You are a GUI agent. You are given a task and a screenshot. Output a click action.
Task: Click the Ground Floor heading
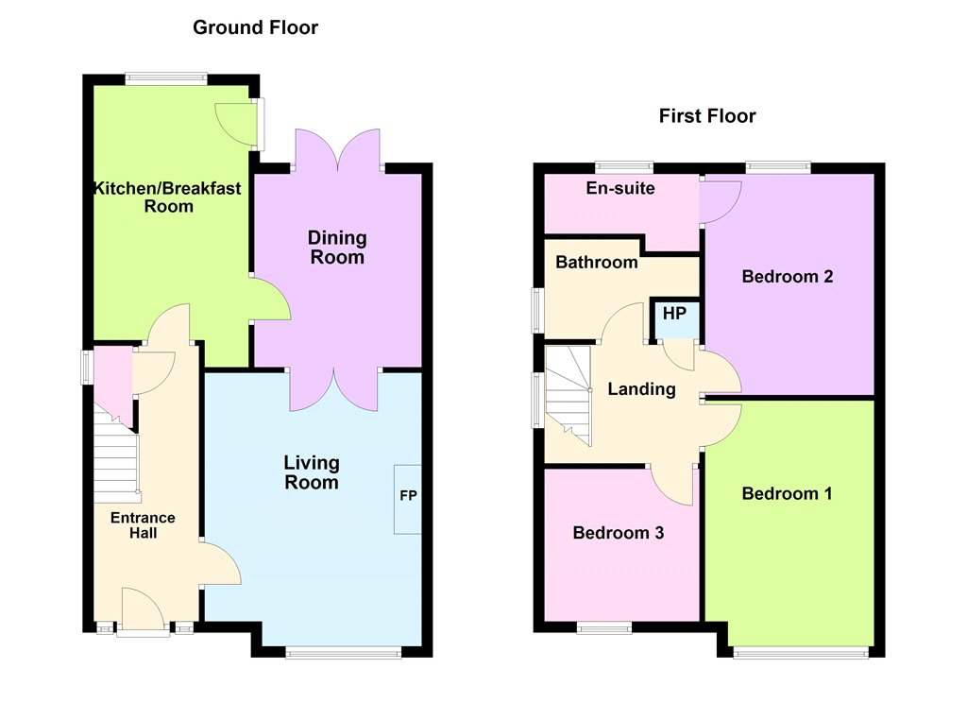coord(255,27)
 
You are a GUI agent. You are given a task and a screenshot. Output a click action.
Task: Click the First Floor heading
coord(707,116)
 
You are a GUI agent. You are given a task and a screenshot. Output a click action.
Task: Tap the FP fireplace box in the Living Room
coord(408,499)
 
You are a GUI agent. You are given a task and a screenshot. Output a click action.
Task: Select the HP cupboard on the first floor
coord(674,319)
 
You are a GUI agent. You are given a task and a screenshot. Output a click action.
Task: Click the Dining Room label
coord(337,248)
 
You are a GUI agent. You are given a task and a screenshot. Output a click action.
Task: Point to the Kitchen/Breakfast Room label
coord(167,197)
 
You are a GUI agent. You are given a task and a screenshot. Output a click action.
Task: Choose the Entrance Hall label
coord(144,525)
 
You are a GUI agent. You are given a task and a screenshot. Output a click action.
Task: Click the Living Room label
coord(312,472)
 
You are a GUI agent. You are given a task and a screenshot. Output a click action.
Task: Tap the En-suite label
coord(620,188)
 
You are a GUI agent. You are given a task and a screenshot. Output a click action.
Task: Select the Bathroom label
coord(597,263)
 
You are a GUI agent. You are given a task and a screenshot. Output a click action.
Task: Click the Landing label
coord(641,389)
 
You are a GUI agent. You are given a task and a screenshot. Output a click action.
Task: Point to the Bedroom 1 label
coord(787,494)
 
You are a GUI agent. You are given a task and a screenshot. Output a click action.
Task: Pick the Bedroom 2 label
coord(788,277)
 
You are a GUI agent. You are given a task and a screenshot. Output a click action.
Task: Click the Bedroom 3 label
coord(618,533)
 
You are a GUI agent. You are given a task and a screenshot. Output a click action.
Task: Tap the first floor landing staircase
coord(568,395)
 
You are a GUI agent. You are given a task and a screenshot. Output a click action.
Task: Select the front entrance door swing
coord(143,609)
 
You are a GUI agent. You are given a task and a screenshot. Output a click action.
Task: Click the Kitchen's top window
coord(165,79)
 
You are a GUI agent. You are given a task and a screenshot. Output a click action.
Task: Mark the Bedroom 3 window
coord(604,627)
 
